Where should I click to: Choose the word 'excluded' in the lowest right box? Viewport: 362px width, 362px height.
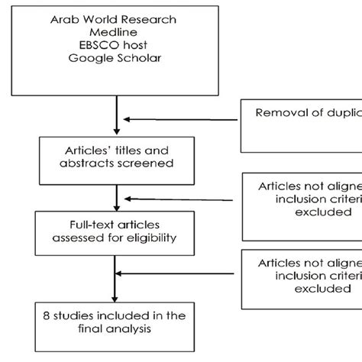tap(305, 289)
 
